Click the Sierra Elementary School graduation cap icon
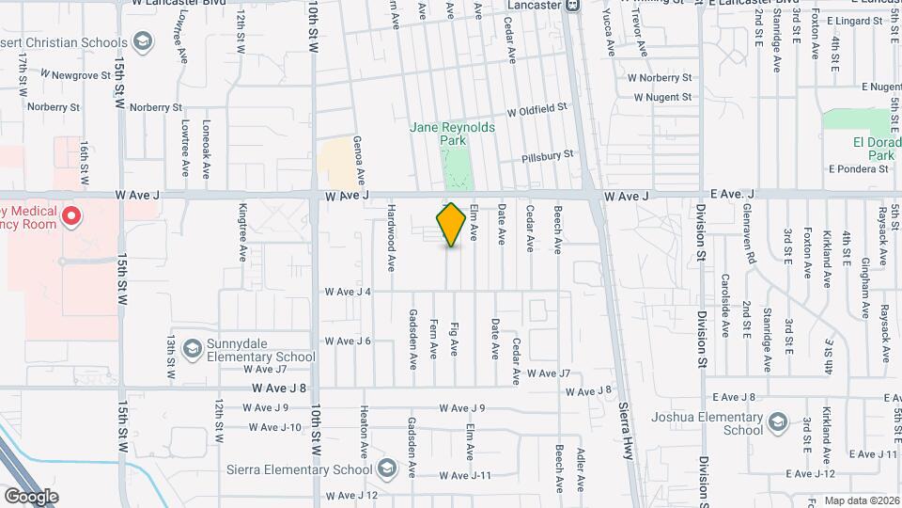tap(387, 468)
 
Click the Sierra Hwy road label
tap(626, 432)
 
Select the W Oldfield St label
tap(537, 110)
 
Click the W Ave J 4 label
tap(348, 292)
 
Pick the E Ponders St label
tap(858, 169)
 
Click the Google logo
tap(31, 496)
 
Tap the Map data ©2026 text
tap(860, 501)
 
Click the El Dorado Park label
tap(870, 149)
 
